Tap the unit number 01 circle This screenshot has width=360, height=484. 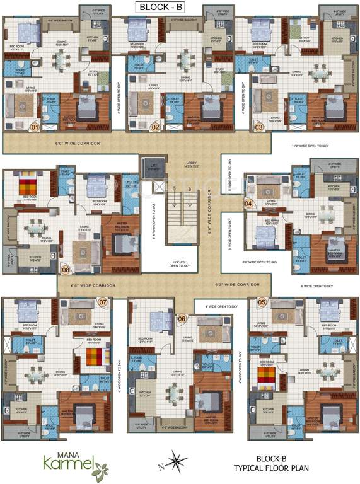click(35, 127)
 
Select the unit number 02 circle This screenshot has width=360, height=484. click(154, 127)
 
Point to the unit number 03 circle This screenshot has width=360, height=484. click(258, 127)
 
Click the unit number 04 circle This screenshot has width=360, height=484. click(248, 203)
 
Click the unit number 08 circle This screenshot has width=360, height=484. click(66, 272)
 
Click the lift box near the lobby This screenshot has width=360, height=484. click(153, 167)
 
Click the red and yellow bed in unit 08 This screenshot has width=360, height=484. click(28, 187)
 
